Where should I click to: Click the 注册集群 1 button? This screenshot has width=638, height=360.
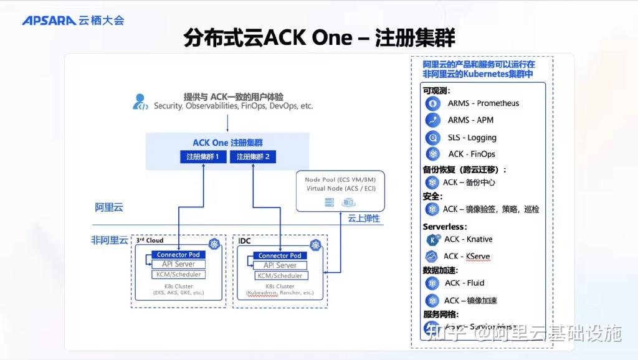click(x=202, y=157)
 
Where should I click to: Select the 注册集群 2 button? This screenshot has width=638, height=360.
click(x=253, y=157)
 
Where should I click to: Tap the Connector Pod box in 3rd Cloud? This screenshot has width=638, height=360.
click(x=178, y=255)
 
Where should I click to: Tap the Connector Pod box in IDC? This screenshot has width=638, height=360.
click(x=280, y=255)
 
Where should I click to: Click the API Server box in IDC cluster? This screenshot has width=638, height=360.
click(x=279, y=265)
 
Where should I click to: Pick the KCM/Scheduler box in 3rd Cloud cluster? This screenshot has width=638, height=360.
click(x=178, y=274)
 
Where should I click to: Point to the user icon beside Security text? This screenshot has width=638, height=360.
click(x=141, y=102)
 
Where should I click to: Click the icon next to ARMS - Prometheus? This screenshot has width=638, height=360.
click(x=432, y=103)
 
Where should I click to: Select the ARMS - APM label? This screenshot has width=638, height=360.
click(x=470, y=120)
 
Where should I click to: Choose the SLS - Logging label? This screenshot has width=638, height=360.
click(x=472, y=138)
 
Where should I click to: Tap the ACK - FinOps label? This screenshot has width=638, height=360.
click(x=472, y=154)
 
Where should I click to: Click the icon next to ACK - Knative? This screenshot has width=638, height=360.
click(x=432, y=239)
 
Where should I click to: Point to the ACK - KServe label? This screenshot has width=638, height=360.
click(x=467, y=256)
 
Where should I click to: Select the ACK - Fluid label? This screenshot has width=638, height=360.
click(x=464, y=283)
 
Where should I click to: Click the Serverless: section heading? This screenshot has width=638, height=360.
click(x=444, y=227)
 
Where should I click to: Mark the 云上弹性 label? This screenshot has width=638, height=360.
click(x=363, y=219)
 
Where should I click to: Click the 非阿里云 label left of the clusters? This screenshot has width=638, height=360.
click(x=110, y=240)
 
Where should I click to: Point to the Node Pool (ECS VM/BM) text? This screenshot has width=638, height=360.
click(x=340, y=180)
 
